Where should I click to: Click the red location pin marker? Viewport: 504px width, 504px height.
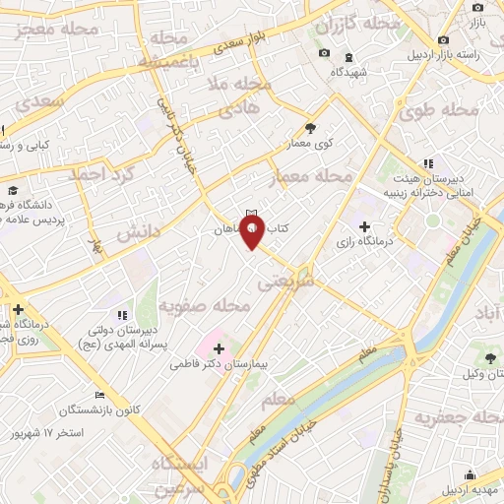pyautogui.click(x=253, y=231)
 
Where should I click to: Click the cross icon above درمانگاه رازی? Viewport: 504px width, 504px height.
pyautogui.click(x=365, y=225)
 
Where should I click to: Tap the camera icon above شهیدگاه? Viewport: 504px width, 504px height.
pyautogui.click(x=325, y=52)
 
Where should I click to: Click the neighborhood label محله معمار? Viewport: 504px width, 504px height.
pyautogui.click(x=311, y=178)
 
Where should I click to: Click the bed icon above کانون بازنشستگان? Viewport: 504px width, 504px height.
pyautogui.click(x=100, y=395)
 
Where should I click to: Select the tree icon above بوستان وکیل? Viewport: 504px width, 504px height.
pyautogui.click(x=491, y=356)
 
